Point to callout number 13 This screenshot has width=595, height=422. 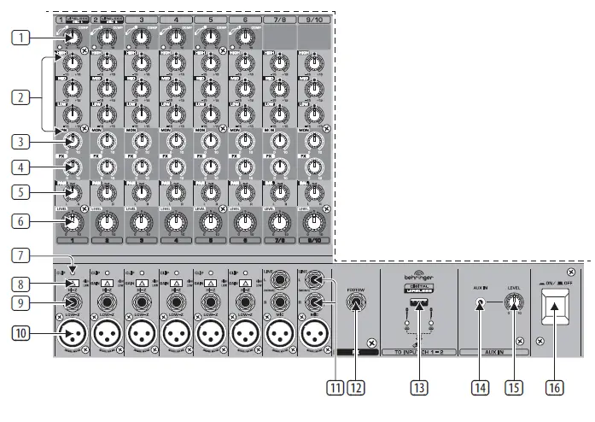[x=418, y=387]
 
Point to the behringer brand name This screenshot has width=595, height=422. [x=417, y=279]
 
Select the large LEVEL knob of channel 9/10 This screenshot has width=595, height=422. [x=314, y=223]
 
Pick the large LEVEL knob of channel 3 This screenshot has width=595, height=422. [x=141, y=223]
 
